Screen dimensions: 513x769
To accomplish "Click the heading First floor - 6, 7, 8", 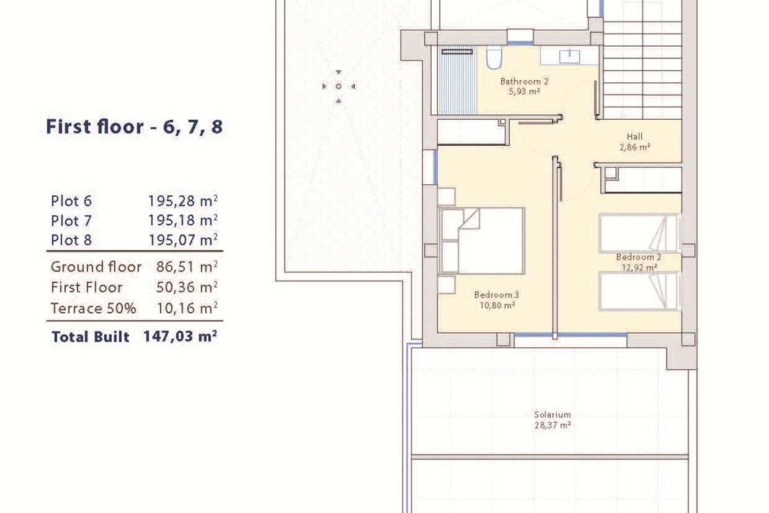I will click(x=134, y=127).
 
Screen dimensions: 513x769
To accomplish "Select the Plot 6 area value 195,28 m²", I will click(x=183, y=201).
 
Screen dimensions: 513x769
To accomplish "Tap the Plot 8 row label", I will click(x=71, y=240).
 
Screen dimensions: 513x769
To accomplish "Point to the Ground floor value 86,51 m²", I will click(x=187, y=267).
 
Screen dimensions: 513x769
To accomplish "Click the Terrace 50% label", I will click(x=93, y=308).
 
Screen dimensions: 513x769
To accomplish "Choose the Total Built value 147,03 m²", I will click(x=180, y=337).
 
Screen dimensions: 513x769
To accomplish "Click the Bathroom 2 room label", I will click(x=524, y=82).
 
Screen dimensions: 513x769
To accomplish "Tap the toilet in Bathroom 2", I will click(x=494, y=57).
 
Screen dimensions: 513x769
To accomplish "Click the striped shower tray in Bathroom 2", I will click(x=458, y=84).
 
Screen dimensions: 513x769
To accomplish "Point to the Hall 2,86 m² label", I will click(x=634, y=142).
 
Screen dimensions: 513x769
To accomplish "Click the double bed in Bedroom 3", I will click(x=483, y=240).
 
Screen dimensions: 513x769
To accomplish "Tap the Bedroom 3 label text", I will click(x=496, y=295).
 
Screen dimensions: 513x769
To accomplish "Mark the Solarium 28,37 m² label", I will click(x=552, y=420).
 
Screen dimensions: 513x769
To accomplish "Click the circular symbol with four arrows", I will click(x=338, y=87).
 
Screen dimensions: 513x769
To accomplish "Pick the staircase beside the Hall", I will click(x=642, y=68).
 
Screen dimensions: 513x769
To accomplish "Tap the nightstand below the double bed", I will click(x=446, y=285).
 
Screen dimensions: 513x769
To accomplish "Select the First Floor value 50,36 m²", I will click(x=187, y=287).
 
